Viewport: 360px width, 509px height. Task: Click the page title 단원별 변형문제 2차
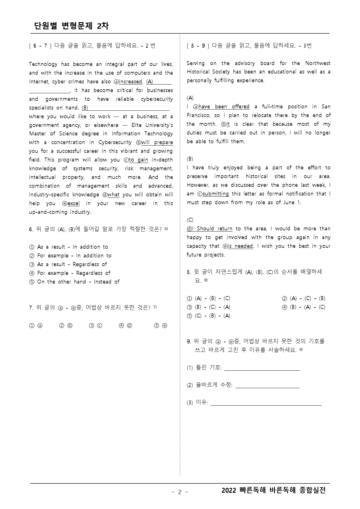pyautogui.click(x=71, y=26)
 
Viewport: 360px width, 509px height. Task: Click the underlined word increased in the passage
pyautogui.click(x=130, y=82)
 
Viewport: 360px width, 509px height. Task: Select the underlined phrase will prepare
pyautogui.click(x=157, y=142)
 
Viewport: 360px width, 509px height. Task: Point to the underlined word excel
pyautogui.click(x=73, y=203)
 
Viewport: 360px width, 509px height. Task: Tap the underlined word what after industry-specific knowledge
pyautogui.click(x=114, y=195)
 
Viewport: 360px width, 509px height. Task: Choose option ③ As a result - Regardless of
pyautogui.click(x=68, y=264)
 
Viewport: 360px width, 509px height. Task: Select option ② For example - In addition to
pyautogui.click(x=71, y=256)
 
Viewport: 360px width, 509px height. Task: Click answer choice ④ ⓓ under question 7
pyautogui.click(x=125, y=326)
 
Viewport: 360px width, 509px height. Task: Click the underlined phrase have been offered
pyautogui.click(x=224, y=107)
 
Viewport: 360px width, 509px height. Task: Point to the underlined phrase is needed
pyautogui.click(x=240, y=246)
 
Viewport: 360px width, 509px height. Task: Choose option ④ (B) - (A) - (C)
pyautogui.click(x=304, y=307)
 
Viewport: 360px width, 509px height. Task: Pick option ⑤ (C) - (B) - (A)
pyautogui.click(x=209, y=316)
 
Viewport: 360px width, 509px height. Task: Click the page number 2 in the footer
pyautogui.click(x=180, y=492)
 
